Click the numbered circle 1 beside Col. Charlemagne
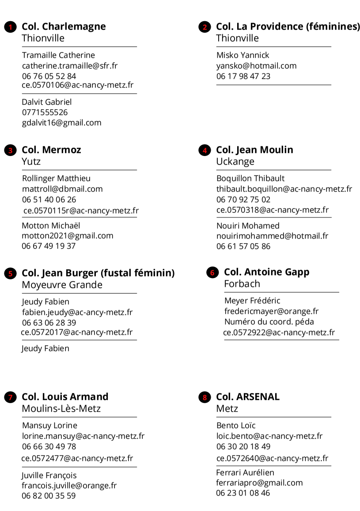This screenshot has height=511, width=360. (x=10, y=27)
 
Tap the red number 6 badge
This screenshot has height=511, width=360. (x=212, y=273)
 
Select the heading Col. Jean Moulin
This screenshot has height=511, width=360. (x=254, y=150)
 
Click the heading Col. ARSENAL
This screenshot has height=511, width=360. (x=248, y=397)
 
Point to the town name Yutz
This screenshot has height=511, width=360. (x=31, y=161)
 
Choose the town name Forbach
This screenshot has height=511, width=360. (x=242, y=284)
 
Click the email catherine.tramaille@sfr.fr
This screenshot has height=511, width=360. (x=70, y=66)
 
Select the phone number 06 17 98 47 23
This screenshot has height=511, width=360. (x=243, y=76)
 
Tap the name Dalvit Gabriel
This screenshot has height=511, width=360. (x=47, y=102)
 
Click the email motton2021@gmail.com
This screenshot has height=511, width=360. (x=68, y=236)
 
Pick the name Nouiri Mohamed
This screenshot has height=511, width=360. (x=248, y=225)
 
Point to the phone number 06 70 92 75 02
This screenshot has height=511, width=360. (x=243, y=199)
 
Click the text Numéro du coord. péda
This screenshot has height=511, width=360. (x=269, y=322)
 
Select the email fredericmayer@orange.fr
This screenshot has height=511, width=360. (x=271, y=311)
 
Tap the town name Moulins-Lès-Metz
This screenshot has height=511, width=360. (x=61, y=408)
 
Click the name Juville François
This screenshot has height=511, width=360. (x=49, y=475)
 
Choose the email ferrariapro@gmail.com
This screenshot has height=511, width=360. (x=259, y=483)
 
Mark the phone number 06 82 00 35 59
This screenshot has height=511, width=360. (x=49, y=496)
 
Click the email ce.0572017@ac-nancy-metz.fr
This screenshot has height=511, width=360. (x=76, y=332)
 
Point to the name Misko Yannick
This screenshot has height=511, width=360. (x=243, y=55)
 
